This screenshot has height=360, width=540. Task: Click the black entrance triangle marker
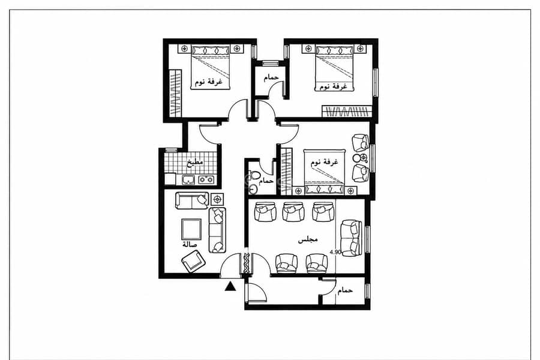point(230,286)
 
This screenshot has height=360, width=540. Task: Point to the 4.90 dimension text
point(335,252)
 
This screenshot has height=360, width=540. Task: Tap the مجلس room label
point(308,240)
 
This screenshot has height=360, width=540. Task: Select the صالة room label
point(190,244)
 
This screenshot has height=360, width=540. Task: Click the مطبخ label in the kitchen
point(195,162)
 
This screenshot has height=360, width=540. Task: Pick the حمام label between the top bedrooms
point(271,77)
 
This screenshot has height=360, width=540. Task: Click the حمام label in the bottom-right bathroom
point(345,290)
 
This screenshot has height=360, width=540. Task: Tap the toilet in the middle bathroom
point(254,175)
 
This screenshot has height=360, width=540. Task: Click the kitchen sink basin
point(188,179)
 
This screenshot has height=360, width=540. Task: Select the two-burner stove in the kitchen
point(206,179)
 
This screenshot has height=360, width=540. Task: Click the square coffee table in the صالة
point(191,229)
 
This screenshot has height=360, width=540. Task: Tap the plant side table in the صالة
point(217,199)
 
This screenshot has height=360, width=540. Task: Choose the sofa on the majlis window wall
point(351,238)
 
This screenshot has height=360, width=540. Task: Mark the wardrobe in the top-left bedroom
point(176,94)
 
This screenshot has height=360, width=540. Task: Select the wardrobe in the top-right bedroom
point(347,111)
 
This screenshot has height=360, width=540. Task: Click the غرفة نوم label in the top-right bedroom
point(333,86)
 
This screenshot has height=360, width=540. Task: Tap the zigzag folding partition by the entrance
point(247,263)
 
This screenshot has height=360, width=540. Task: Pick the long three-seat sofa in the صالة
point(217,230)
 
